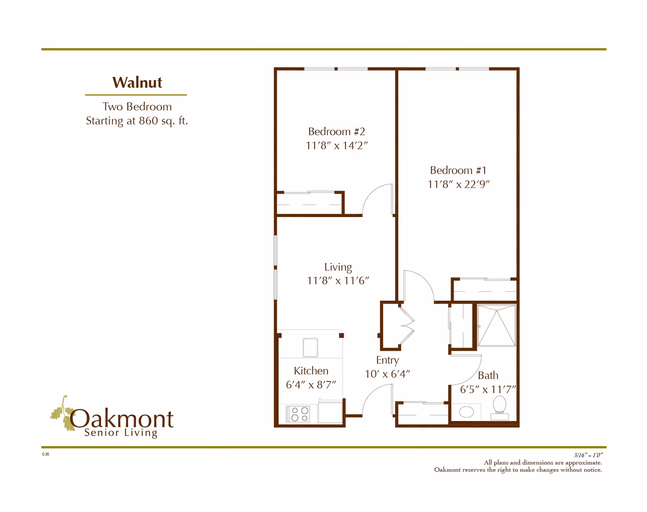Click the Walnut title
tap(137, 82)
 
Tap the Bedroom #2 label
tap(336, 131)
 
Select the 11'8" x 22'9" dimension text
tap(459, 184)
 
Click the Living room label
tap(338, 267)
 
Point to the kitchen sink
tap(310, 348)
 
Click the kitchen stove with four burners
tap(298, 414)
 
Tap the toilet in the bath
tap(500, 408)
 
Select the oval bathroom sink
tap(466, 412)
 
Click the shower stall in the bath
tap(497, 325)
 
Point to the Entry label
tap(387, 360)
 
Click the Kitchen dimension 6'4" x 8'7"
tap(311, 385)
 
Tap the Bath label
tap(488, 375)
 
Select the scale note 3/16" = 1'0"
tap(588, 455)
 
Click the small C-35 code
tap(45, 454)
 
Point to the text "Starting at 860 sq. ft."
tap(137, 121)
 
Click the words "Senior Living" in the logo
tap(121, 433)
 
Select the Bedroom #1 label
tap(458, 170)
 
